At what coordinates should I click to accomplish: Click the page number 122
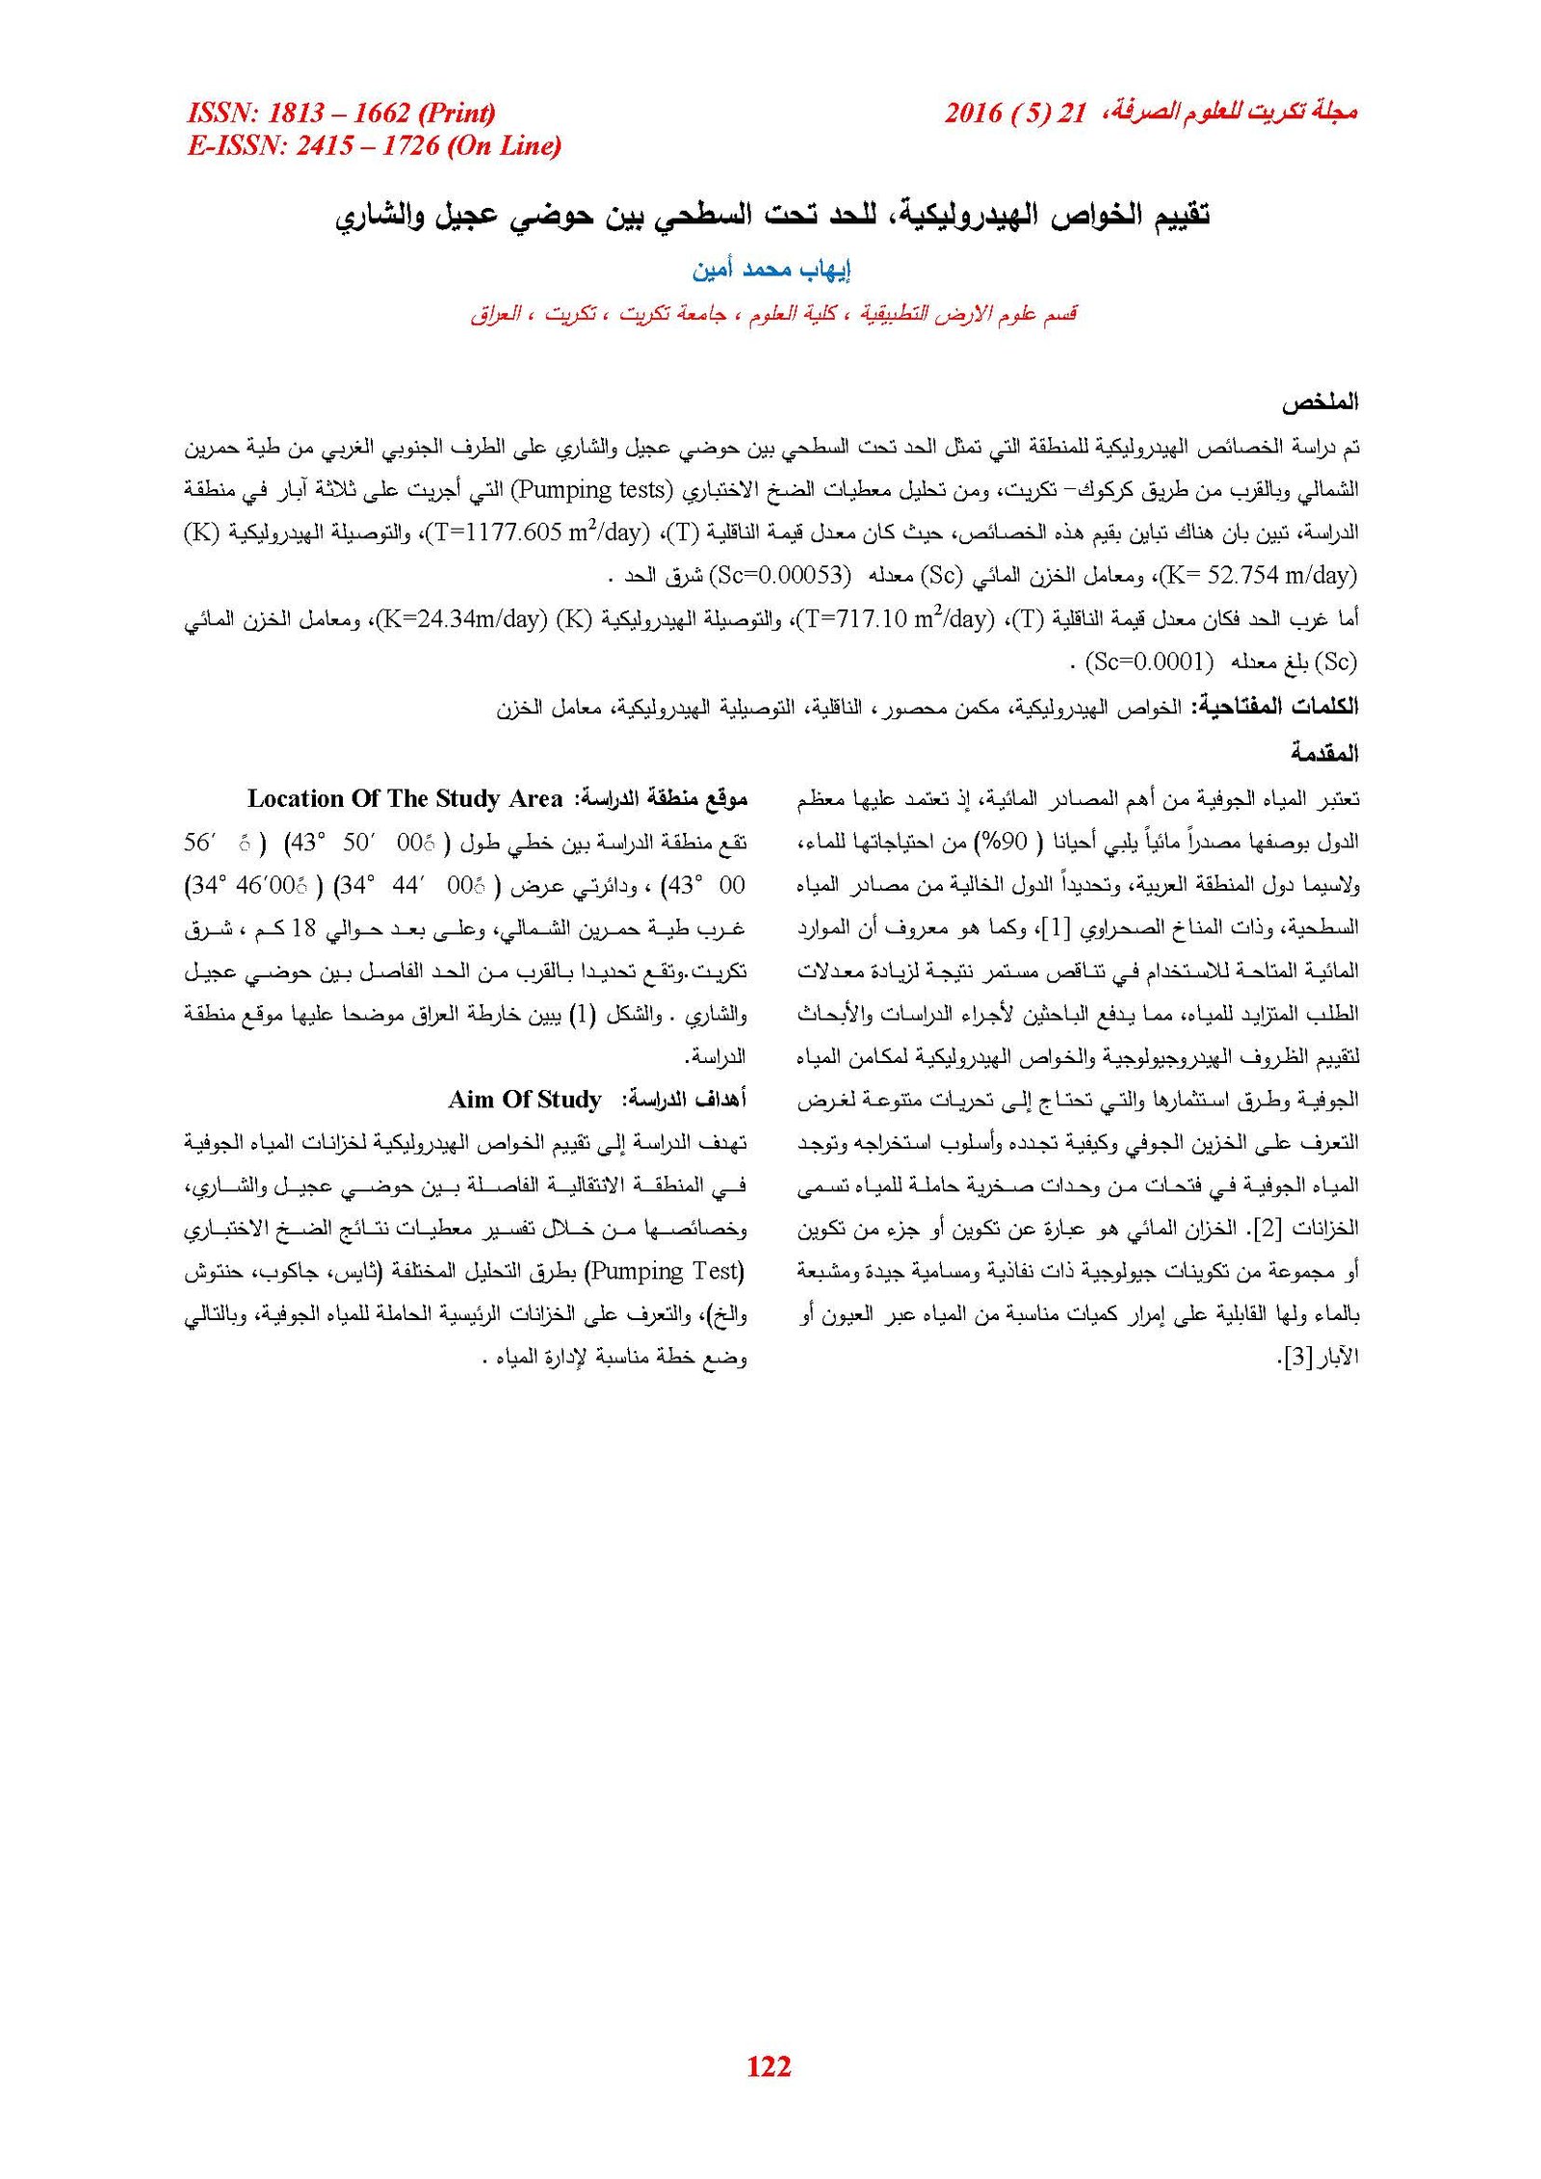point(768,2064)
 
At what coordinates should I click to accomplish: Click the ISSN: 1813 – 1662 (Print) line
point(341,114)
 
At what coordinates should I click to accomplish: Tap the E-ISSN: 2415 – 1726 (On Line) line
point(374,145)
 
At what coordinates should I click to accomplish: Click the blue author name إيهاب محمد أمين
point(770,269)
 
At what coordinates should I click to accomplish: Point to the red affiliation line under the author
point(773,313)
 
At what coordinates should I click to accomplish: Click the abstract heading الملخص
point(1319,402)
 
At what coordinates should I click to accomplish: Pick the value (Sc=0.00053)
point(780,576)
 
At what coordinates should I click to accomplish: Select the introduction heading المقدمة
point(1324,752)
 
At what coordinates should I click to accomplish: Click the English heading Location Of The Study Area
point(405,798)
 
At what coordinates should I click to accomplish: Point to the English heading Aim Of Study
point(524,1100)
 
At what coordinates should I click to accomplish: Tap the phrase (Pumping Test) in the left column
point(665,1271)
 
